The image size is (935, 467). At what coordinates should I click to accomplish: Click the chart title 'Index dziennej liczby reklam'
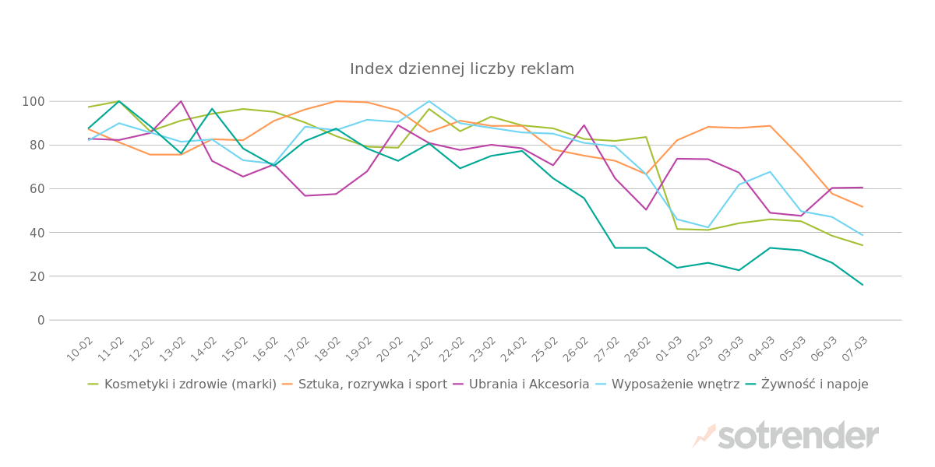[x=462, y=69]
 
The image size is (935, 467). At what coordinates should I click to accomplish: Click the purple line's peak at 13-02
[x=181, y=101]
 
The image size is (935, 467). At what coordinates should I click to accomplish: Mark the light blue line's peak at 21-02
[x=429, y=101]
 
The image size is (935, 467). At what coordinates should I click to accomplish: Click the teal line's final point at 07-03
[x=863, y=285]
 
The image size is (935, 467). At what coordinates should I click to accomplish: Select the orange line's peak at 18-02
[x=336, y=101]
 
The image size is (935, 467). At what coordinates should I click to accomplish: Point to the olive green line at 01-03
[x=676, y=229]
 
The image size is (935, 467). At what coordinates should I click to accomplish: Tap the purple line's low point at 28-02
[x=646, y=209]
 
